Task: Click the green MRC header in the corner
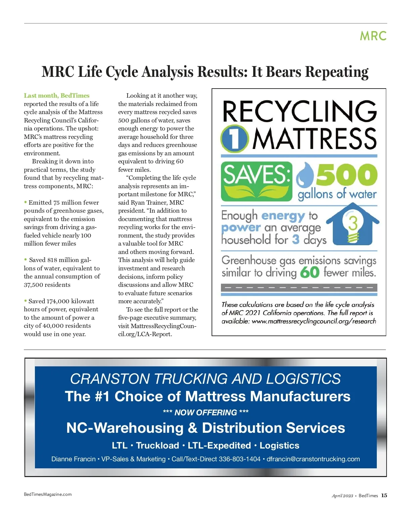tap(373, 36)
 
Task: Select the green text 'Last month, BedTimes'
tap(56, 96)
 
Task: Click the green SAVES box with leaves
tap(256, 181)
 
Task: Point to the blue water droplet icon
tap(305, 175)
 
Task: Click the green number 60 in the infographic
tap(310, 272)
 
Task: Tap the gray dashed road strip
tap(299, 288)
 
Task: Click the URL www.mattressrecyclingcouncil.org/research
tap(314, 321)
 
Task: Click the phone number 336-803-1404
tap(239, 459)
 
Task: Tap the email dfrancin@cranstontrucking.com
tap(313, 459)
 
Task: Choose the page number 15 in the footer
tap(384, 496)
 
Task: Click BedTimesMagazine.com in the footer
tap(48, 494)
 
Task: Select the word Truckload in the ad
tap(158, 446)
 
